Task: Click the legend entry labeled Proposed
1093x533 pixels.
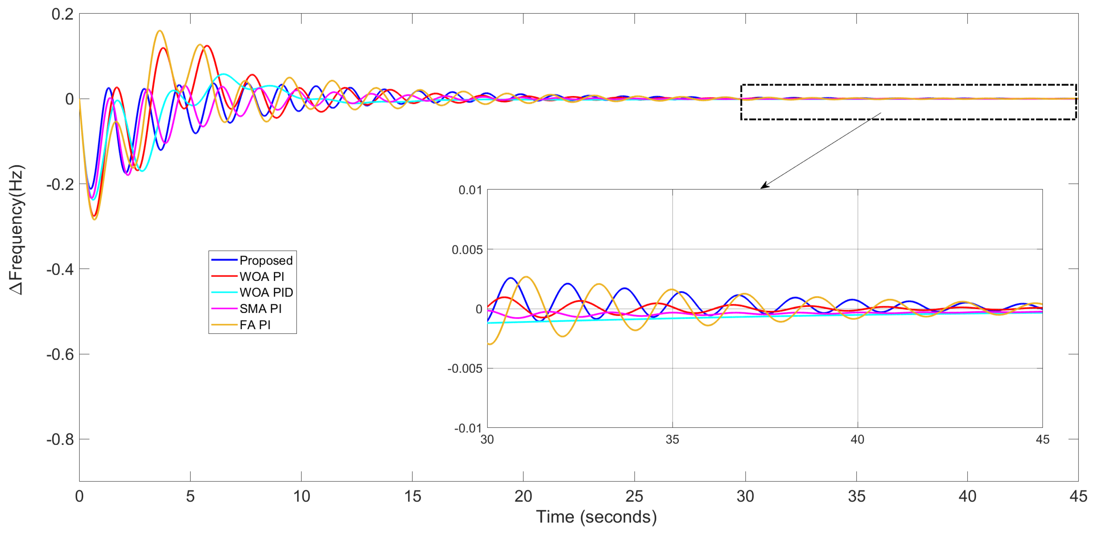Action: [266, 260]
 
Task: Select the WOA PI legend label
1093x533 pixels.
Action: [261, 276]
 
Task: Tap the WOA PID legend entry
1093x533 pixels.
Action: [266, 292]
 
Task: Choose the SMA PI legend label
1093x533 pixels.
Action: [260, 309]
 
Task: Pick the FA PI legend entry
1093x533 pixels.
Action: [255, 325]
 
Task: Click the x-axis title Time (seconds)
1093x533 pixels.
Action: [596, 517]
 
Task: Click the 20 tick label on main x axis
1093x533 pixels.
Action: [523, 496]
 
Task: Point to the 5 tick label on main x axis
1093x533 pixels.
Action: [190, 496]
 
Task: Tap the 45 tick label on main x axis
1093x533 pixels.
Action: [1078, 496]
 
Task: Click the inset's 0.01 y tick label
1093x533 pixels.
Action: [470, 190]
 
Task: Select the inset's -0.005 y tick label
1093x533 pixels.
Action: [465, 369]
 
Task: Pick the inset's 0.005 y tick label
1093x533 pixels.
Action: [467, 250]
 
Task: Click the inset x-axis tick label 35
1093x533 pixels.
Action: [672, 439]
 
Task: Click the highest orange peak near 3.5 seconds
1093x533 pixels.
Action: [160, 31]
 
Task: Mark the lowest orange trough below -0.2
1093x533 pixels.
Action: [94, 219]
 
